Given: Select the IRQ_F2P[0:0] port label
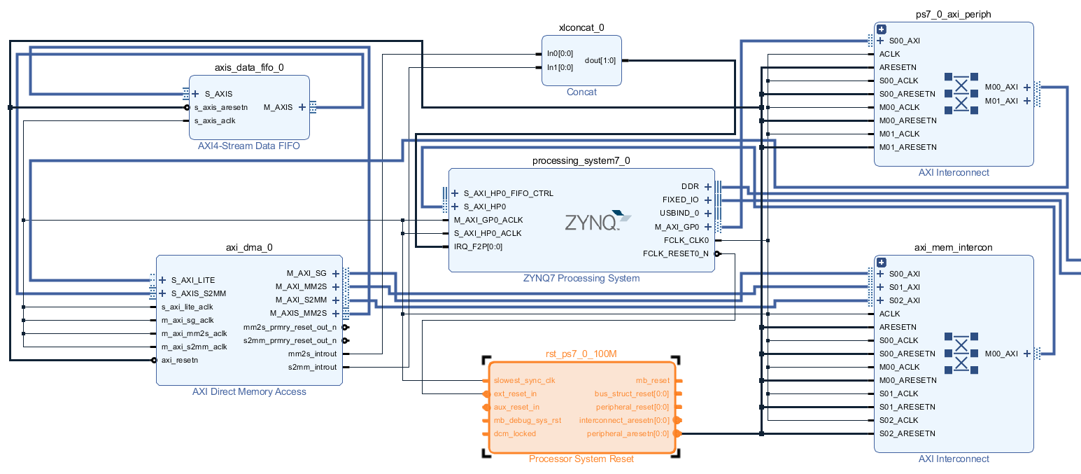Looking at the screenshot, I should click(478, 246).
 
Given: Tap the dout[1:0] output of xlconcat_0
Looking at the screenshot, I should click(600, 60).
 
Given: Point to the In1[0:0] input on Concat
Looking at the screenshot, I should click(560, 67).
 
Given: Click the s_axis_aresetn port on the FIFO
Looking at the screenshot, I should click(220, 107).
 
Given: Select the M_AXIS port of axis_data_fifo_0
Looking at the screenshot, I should click(278, 107).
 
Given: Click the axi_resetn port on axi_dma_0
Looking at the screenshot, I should click(180, 360).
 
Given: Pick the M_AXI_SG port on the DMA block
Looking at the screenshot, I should click(306, 273).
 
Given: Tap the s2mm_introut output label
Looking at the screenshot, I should click(312, 367).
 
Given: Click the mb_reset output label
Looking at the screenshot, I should click(652, 380).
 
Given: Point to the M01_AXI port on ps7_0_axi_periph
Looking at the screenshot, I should click(1001, 101).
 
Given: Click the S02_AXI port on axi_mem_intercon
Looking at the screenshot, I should click(903, 300).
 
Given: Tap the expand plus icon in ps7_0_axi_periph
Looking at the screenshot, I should click(882, 29).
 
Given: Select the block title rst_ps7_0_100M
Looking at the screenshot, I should click(581, 354).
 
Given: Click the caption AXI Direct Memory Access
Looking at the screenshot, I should click(249, 391).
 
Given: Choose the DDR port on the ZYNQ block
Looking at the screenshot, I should click(690, 186).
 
